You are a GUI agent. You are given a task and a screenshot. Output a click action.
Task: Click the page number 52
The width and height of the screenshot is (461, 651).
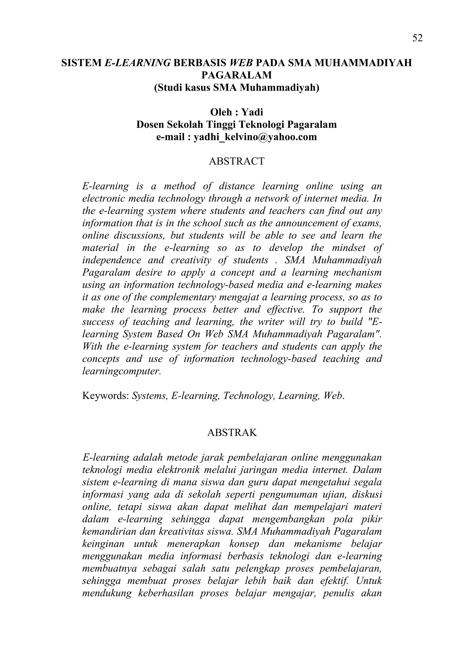click(x=417, y=38)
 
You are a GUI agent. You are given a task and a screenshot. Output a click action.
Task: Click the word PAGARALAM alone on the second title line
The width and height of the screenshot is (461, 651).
click(x=236, y=75)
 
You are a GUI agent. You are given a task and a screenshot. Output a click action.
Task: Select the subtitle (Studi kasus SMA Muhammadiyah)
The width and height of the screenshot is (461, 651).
click(x=236, y=87)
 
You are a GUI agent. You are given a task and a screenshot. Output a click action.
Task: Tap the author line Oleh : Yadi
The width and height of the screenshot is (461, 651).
click(x=236, y=112)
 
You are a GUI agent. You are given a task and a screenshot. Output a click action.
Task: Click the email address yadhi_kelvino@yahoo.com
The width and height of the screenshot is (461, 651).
click(x=255, y=137)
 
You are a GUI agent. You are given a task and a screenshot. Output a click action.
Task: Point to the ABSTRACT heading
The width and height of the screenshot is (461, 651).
click(x=236, y=161)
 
